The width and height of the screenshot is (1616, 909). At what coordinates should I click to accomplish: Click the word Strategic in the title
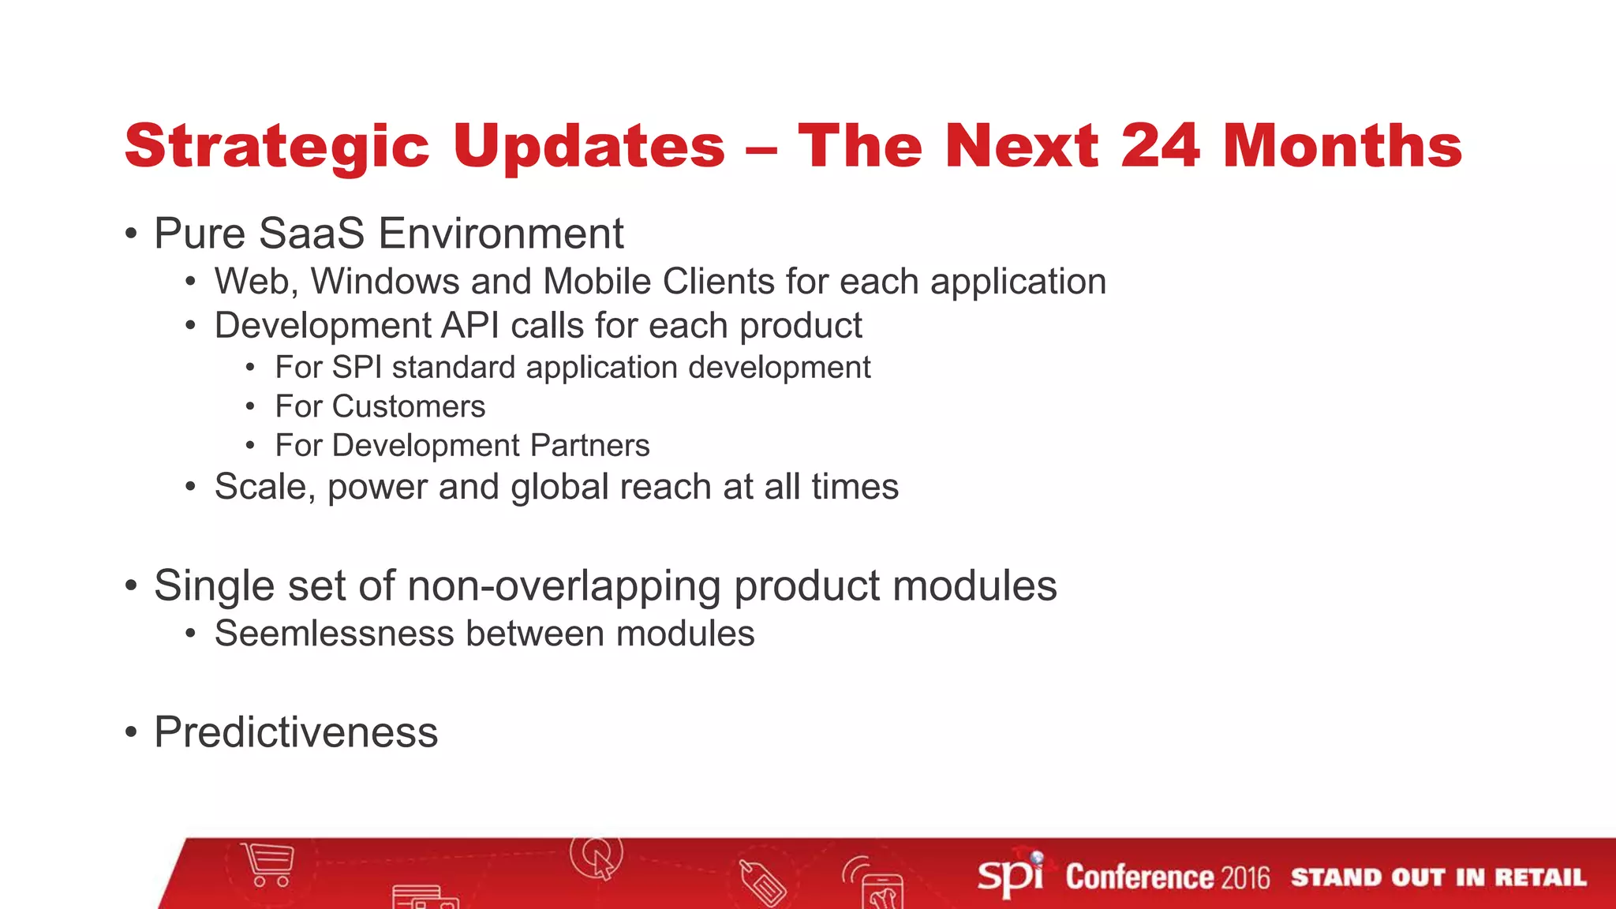pyautogui.click(x=276, y=147)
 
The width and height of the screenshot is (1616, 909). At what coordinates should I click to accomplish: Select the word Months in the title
pyautogui.click(x=1342, y=147)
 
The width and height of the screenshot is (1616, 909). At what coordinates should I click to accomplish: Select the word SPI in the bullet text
pyautogui.click(x=357, y=368)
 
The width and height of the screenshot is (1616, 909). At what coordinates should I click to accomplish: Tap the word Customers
pyautogui.click(x=409, y=407)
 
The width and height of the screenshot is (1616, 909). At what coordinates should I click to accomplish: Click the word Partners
pyautogui.click(x=589, y=446)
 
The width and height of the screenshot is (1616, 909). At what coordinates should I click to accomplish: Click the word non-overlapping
pyautogui.click(x=564, y=586)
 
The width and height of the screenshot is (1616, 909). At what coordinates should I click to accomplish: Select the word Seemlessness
pyautogui.click(x=335, y=634)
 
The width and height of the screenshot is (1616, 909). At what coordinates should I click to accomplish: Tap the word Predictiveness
pyautogui.click(x=296, y=732)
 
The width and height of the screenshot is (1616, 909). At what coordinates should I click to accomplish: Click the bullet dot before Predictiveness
pyautogui.click(x=131, y=733)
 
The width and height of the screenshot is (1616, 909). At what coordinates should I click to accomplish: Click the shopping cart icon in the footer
pyautogui.click(x=269, y=865)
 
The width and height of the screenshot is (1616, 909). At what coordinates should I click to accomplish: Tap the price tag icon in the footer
pyautogui.click(x=762, y=883)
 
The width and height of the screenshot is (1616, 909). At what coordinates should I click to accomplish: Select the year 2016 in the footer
pyautogui.click(x=1245, y=877)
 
